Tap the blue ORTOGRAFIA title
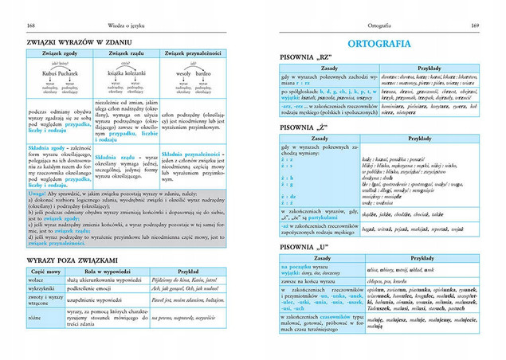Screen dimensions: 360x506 pos(381,43)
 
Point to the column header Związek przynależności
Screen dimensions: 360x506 pos(198,53)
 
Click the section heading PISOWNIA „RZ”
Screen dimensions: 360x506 pos(308,57)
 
